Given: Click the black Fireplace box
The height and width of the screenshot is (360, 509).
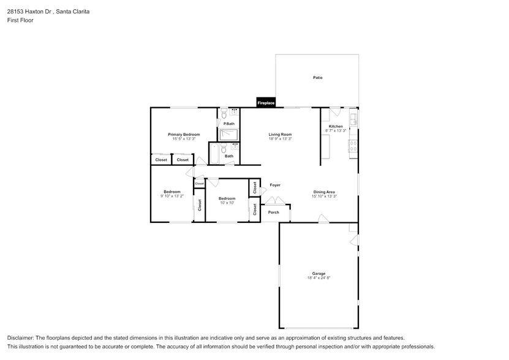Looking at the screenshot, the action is [266, 102].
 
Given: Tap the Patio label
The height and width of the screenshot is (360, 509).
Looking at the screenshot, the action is [318, 78].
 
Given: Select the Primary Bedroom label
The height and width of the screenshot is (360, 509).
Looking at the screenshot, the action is [184, 135].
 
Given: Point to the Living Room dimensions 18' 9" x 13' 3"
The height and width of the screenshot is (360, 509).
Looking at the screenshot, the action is [280, 138].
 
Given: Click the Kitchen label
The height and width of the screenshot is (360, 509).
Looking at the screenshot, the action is [336, 126].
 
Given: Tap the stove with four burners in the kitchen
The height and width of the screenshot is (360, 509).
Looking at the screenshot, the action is [353, 146].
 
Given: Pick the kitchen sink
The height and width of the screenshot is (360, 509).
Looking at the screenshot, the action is [354, 119].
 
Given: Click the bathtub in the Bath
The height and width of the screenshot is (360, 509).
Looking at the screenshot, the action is [214, 154].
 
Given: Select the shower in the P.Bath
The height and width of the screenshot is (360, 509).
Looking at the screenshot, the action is [228, 135].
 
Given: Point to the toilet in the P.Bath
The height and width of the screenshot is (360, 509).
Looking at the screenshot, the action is [224, 114].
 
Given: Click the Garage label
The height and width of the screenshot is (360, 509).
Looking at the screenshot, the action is [319, 273].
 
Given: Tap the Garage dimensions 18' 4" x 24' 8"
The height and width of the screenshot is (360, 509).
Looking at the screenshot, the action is [319, 278].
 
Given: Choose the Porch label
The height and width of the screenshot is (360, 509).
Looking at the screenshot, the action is [274, 212].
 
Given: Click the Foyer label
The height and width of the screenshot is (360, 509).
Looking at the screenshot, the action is [275, 185].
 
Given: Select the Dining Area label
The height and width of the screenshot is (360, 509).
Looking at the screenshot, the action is [324, 192].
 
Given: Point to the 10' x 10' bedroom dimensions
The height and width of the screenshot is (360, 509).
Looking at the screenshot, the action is [227, 203].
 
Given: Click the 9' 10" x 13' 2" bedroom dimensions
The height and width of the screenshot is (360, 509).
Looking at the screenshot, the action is [172, 196].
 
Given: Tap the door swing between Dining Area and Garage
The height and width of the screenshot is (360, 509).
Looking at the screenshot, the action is [323, 219].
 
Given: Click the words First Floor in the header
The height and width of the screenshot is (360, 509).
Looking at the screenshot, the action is [20, 20].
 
